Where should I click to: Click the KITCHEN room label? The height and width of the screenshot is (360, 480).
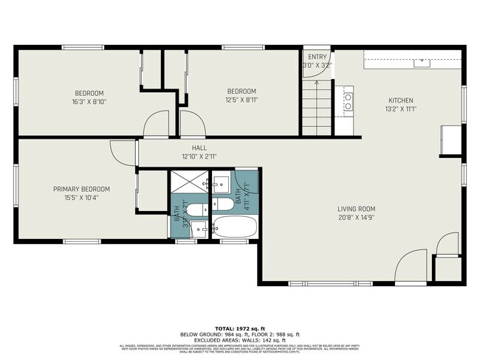[401, 101]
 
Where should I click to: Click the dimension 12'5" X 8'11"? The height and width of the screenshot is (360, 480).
[241, 100]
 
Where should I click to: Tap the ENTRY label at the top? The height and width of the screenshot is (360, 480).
[317, 57]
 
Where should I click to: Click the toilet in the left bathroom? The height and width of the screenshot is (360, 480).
[196, 210]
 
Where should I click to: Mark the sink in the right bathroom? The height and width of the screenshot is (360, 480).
[220, 181]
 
